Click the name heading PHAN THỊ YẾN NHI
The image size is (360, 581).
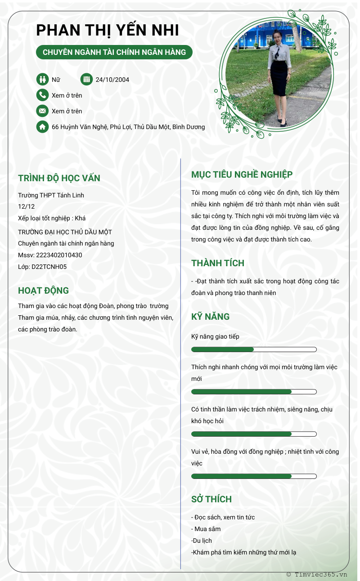point(108,30)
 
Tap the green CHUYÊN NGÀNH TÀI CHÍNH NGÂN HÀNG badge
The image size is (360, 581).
point(114,52)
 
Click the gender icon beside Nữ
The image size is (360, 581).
point(42,80)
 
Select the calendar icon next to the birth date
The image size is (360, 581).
point(86,80)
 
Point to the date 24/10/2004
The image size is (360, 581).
point(112,80)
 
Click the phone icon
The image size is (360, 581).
point(42,95)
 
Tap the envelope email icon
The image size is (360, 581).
point(42,111)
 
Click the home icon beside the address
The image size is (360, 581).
point(42,127)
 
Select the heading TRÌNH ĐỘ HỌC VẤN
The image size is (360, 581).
point(59,178)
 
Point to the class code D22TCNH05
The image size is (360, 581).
point(49,267)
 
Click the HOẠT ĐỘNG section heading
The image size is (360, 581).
point(43,290)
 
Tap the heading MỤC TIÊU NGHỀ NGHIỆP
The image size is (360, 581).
point(242,174)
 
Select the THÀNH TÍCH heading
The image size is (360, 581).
point(218,263)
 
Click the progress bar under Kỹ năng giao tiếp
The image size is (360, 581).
point(254,349)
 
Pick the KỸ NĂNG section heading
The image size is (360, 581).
point(211,316)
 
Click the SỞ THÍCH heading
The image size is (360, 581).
point(211,499)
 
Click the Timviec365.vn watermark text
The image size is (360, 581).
point(320,574)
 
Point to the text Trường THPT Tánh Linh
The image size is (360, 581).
point(51,195)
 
